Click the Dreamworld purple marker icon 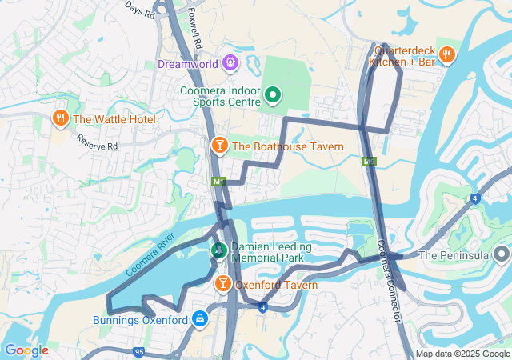pyautogui.click(x=231, y=61)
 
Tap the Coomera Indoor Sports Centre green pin pyautogui.click(x=272, y=96)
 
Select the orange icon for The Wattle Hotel pyautogui.click(x=60, y=119)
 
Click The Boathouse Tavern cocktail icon pyautogui.click(x=218, y=146)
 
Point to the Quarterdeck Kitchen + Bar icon pyautogui.click(x=447, y=54)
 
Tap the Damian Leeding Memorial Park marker pyautogui.click(x=218, y=250)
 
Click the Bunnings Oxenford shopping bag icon pyautogui.click(x=199, y=320)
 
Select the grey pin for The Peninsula pyautogui.click(x=502, y=255)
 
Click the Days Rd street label pyautogui.click(x=139, y=9)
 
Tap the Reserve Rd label pyautogui.click(x=98, y=142)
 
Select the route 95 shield pyautogui.click(x=138, y=351)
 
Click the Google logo pyautogui.click(x=26, y=350)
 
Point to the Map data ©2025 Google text pyautogui.click(x=462, y=354)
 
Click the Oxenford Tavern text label pyautogui.click(x=276, y=285)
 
